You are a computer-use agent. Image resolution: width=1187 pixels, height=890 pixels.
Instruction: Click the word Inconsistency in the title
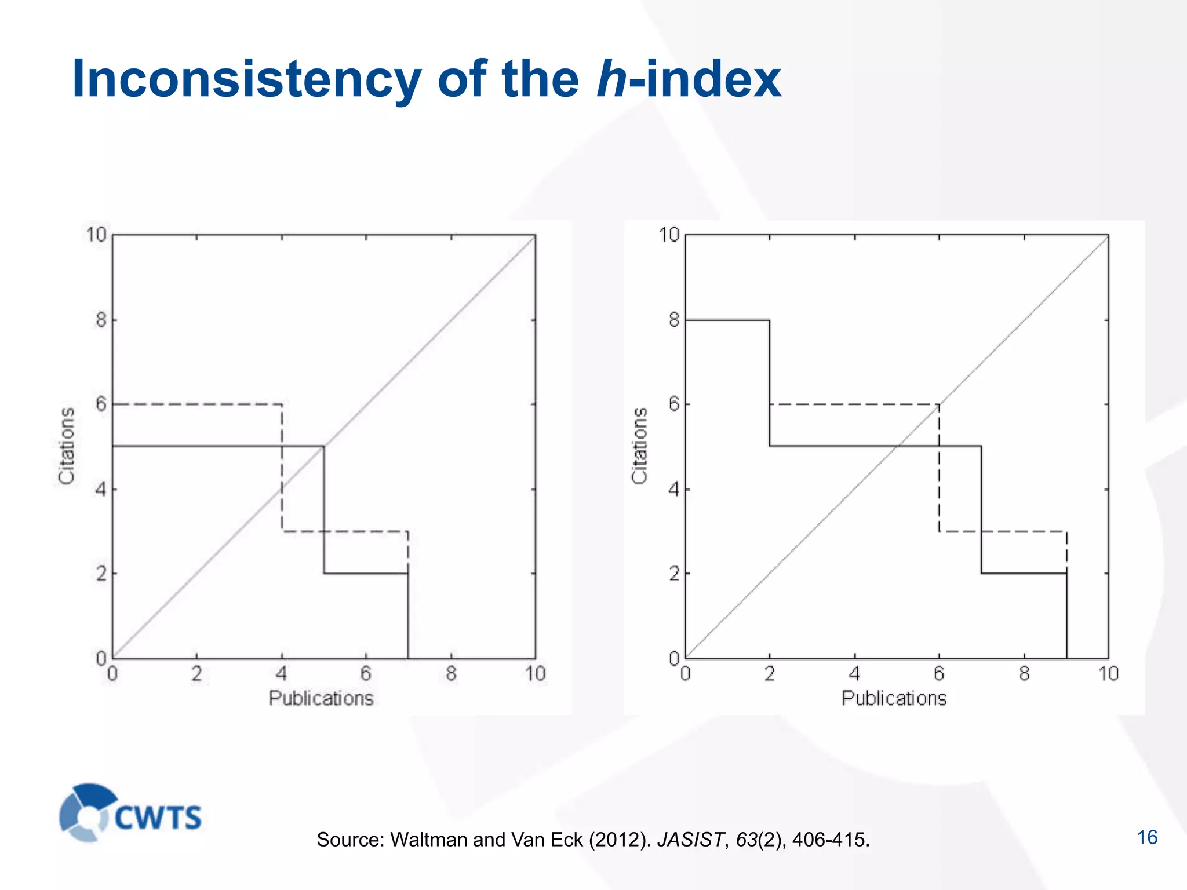pos(246,79)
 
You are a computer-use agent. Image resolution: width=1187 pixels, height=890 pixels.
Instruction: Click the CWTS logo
pos(130,813)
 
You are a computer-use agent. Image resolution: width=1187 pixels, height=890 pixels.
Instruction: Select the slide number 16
pos(1147,837)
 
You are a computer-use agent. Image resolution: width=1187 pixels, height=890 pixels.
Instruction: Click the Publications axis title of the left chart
pos(321,698)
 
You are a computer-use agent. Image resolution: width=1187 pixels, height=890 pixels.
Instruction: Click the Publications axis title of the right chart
pos(894,698)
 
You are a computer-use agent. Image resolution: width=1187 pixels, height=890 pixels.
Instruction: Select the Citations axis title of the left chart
pos(67,446)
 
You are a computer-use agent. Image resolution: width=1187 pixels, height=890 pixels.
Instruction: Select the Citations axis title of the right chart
pos(639,446)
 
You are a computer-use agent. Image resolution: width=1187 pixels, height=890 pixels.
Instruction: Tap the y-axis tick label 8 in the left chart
pos(101,320)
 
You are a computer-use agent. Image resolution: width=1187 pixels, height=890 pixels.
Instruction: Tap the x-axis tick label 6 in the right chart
pos(939,673)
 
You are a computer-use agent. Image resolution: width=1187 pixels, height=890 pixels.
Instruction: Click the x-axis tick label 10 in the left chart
pos(536,673)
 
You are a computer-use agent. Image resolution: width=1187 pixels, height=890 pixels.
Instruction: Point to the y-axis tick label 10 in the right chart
pos(669,235)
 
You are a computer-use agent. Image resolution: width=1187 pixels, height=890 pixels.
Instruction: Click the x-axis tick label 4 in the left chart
pos(281,673)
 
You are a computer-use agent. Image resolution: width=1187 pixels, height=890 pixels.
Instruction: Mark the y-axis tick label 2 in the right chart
pos(673,574)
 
